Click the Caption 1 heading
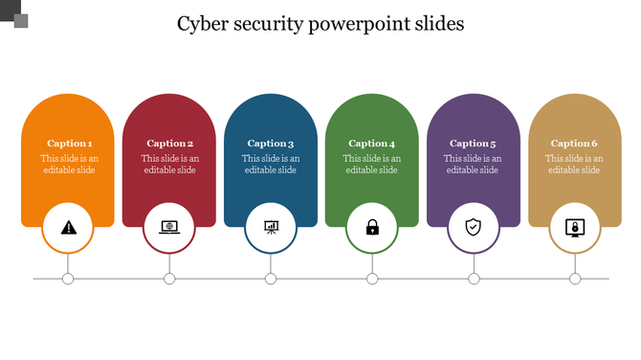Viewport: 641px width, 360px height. tap(69, 144)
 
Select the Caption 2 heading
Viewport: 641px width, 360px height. tap(170, 144)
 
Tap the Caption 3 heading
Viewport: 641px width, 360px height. tap(271, 144)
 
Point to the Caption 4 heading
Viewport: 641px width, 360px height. tap(372, 144)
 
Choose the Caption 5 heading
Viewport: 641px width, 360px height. tap(474, 144)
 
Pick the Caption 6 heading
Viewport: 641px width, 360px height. tap(575, 144)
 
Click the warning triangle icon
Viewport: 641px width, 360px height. tap(68, 227)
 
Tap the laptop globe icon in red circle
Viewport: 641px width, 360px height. tap(169, 227)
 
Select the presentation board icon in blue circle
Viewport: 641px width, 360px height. tap(271, 227)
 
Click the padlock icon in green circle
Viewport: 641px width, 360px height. tap(372, 227)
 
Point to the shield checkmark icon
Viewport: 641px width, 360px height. tap(474, 227)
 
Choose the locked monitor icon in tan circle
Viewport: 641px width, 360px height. tap(575, 227)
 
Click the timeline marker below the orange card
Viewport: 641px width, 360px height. tap(68, 279)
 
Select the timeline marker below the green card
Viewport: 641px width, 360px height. tap(372, 279)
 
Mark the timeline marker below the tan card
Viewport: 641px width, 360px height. tap(575, 279)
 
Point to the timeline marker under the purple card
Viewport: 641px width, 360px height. tap(474, 279)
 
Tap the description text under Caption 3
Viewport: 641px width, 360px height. tap(271, 165)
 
